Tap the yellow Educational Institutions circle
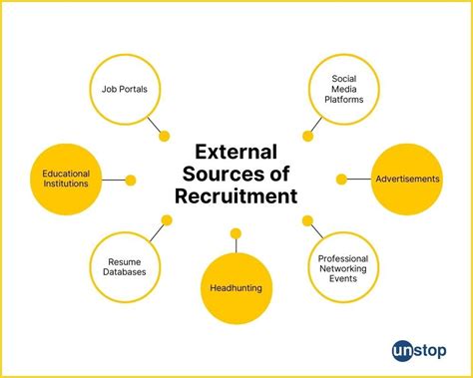click(66, 180)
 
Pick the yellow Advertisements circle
click(406, 180)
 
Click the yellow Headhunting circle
click(236, 288)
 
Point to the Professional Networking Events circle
click(343, 266)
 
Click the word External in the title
click(236, 154)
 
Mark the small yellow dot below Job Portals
click(165, 136)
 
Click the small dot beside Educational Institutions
click(132, 181)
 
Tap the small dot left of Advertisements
click(341, 180)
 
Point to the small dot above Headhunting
click(236, 233)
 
